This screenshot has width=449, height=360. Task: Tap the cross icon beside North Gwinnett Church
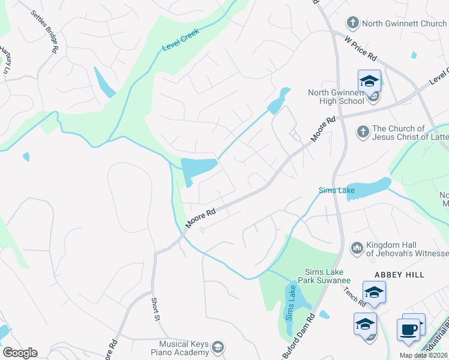tap(353, 23)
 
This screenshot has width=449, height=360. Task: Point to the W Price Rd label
tap(361, 49)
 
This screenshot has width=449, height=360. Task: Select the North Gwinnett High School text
tap(336, 97)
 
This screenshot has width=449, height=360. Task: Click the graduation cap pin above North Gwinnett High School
tap(369, 82)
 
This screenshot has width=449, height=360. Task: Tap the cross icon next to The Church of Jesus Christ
tap(362, 131)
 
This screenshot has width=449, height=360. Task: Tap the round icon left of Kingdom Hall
tap(357, 247)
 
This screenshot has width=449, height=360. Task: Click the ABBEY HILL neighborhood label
tap(399, 275)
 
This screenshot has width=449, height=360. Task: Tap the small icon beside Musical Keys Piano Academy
tap(218, 347)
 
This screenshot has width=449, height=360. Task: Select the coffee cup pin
tap(408, 330)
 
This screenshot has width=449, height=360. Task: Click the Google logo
tap(20, 353)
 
